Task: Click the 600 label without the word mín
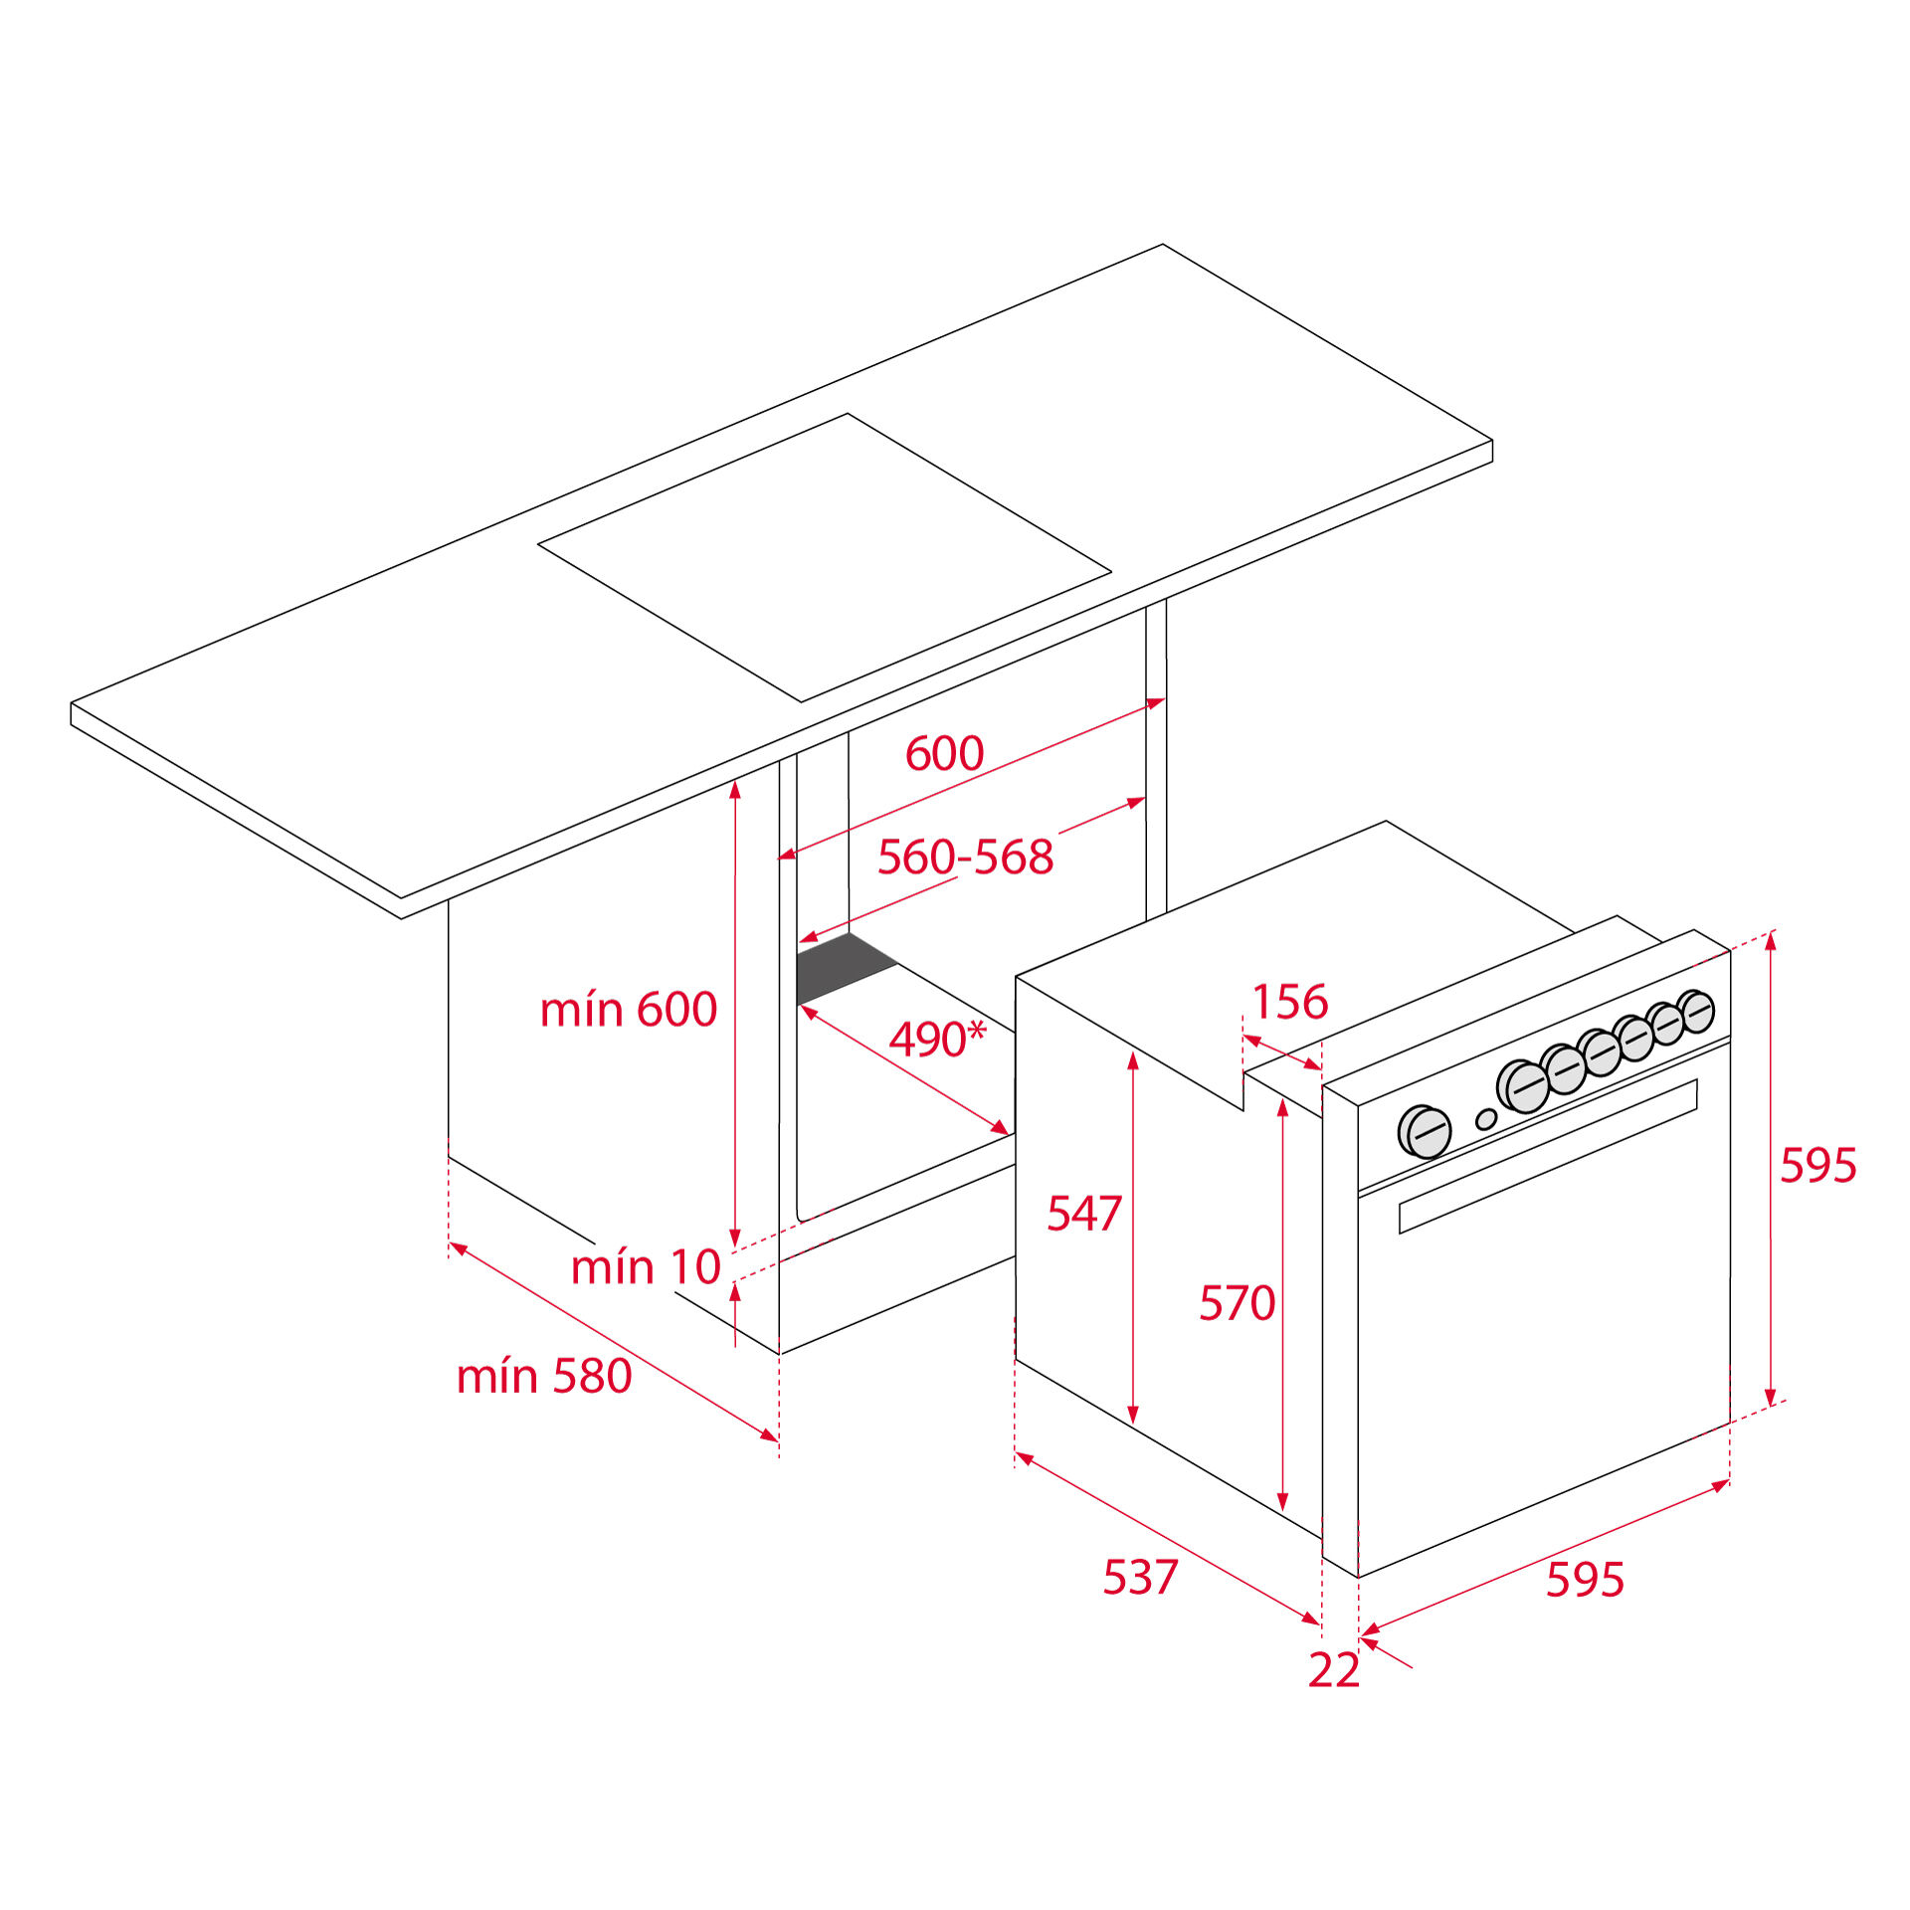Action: click(x=944, y=753)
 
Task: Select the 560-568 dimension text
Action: click(x=965, y=857)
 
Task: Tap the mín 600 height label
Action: click(x=628, y=1009)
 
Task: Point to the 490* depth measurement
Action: click(x=936, y=1039)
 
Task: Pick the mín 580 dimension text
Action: click(x=544, y=1376)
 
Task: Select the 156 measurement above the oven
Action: click(x=1289, y=1002)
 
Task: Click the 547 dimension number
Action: click(x=1084, y=1214)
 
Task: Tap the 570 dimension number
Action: click(x=1237, y=1303)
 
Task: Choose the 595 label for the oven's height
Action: click(x=1817, y=1165)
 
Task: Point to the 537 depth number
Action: click(x=1140, y=1577)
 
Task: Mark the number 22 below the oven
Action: click(x=1333, y=1670)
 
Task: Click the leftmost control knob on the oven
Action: click(x=1425, y=1132)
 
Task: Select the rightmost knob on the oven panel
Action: click(x=1695, y=1012)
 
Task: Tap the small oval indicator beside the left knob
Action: click(x=1486, y=1120)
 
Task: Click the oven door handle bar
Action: click(x=1548, y=1157)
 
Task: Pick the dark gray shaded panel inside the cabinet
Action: click(x=847, y=967)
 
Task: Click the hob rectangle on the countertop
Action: click(x=825, y=558)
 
